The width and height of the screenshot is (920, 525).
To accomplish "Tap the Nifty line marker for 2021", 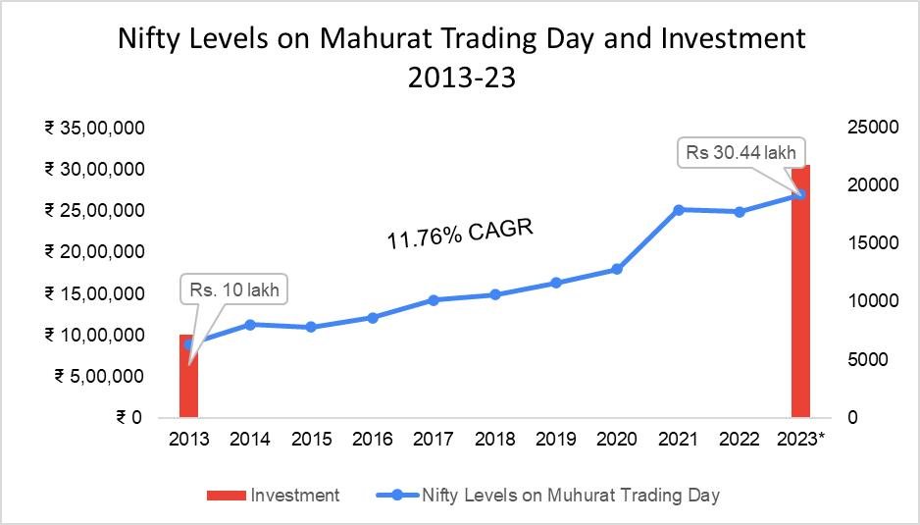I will coord(679,210).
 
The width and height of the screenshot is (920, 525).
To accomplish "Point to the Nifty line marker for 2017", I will coord(434,299).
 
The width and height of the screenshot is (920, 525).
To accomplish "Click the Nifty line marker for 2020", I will coord(617,269).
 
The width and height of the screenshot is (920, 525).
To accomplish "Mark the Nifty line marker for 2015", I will coord(311,327).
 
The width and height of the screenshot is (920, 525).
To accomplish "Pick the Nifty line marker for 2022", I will coord(740,212).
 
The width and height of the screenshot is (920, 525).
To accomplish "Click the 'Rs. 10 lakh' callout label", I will coord(234,290).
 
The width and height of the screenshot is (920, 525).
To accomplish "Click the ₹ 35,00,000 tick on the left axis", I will coord(94,128).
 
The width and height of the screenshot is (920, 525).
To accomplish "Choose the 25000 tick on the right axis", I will coord(851,128).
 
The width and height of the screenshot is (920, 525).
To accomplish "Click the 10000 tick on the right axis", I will coord(851,301).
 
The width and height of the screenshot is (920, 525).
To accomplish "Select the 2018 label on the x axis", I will coord(494,439).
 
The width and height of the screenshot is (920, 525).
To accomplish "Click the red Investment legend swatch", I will coord(225,496).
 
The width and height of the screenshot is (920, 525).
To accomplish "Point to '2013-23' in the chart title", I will coord(461,79).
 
